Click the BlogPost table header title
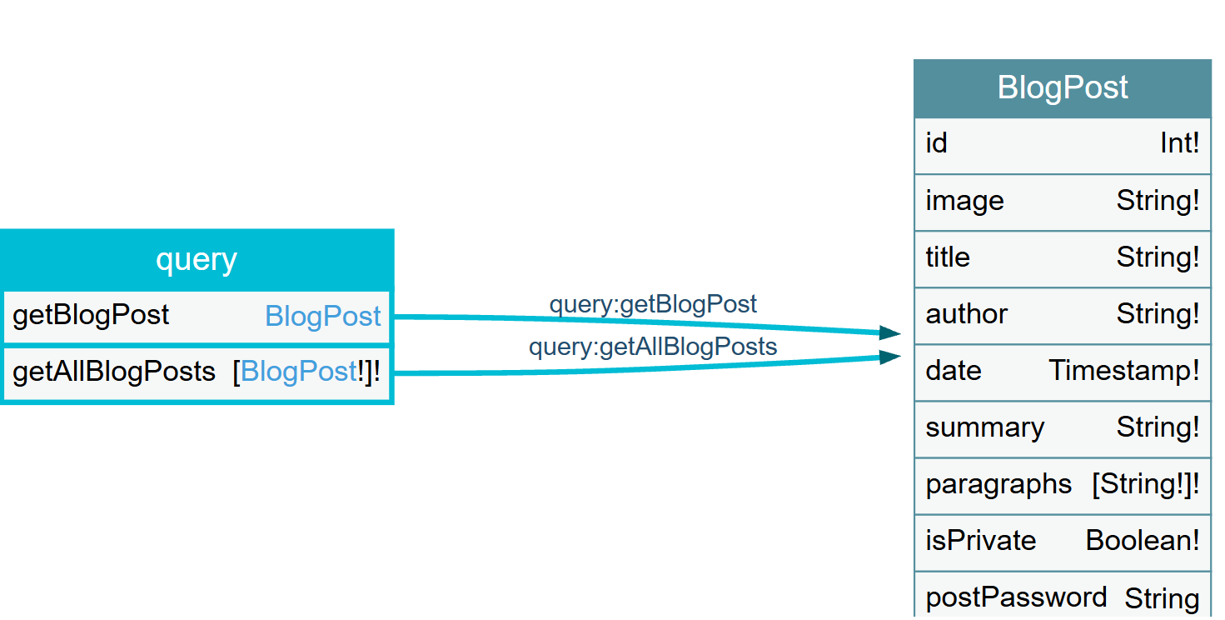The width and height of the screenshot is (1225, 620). click(1063, 87)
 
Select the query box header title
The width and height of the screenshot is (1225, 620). click(196, 260)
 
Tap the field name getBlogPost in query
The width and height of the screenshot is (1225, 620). click(91, 315)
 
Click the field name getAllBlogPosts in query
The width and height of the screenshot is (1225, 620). click(114, 372)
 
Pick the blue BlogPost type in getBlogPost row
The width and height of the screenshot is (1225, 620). click(323, 316)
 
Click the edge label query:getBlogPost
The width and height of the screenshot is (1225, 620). click(653, 304)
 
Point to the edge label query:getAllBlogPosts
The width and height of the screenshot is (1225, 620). click(653, 347)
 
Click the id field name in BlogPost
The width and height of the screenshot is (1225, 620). click(936, 143)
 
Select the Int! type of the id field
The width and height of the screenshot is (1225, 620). click(1179, 143)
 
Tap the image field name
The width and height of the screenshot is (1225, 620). click(964, 201)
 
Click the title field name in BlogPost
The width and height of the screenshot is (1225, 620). click(948, 257)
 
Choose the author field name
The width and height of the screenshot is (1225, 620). click(966, 314)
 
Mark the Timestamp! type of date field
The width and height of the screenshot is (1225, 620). click(1123, 370)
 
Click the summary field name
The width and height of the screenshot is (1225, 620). click(984, 427)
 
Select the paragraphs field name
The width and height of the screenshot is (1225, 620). click(998, 484)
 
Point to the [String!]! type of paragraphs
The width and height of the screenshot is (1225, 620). click(1145, 484)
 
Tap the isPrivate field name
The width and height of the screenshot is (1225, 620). click(981, 541)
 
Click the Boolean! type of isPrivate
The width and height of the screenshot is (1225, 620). click(1143, 541)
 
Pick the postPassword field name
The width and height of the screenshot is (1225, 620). click(1016, 597)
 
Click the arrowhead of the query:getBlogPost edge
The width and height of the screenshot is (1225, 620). click(891, 333)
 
